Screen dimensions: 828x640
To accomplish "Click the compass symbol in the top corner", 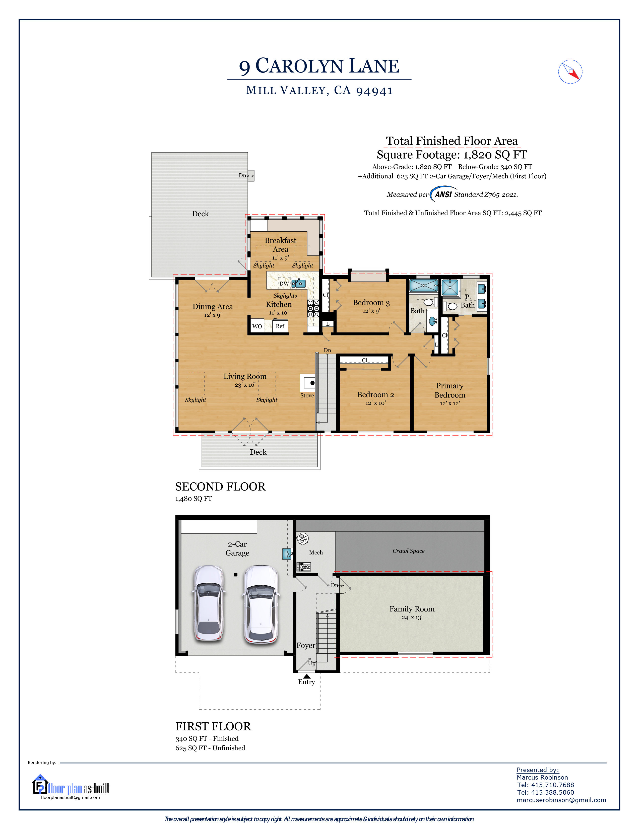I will pos(570,72).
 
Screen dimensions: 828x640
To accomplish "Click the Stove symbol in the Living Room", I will pos(308,383).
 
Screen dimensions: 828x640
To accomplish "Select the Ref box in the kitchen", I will pos(280,326).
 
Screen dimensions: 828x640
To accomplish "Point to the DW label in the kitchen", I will pos(284,284).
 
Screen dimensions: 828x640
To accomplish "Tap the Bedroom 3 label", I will pos(371,303).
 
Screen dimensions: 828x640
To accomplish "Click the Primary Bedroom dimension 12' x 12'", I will pos(450,403).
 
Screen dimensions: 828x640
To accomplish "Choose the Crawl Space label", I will pos(408,551).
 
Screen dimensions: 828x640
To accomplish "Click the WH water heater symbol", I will pos(303,539).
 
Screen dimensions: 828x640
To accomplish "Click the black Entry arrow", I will pos(307,676).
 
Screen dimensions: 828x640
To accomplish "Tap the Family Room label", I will pos(412,609).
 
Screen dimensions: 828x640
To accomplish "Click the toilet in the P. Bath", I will pos(451,306).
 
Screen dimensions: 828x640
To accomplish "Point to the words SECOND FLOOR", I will pos(220,487).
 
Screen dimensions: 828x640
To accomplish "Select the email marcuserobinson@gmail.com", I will pos(561,800).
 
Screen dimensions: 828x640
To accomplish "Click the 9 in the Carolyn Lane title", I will pos(244,67).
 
